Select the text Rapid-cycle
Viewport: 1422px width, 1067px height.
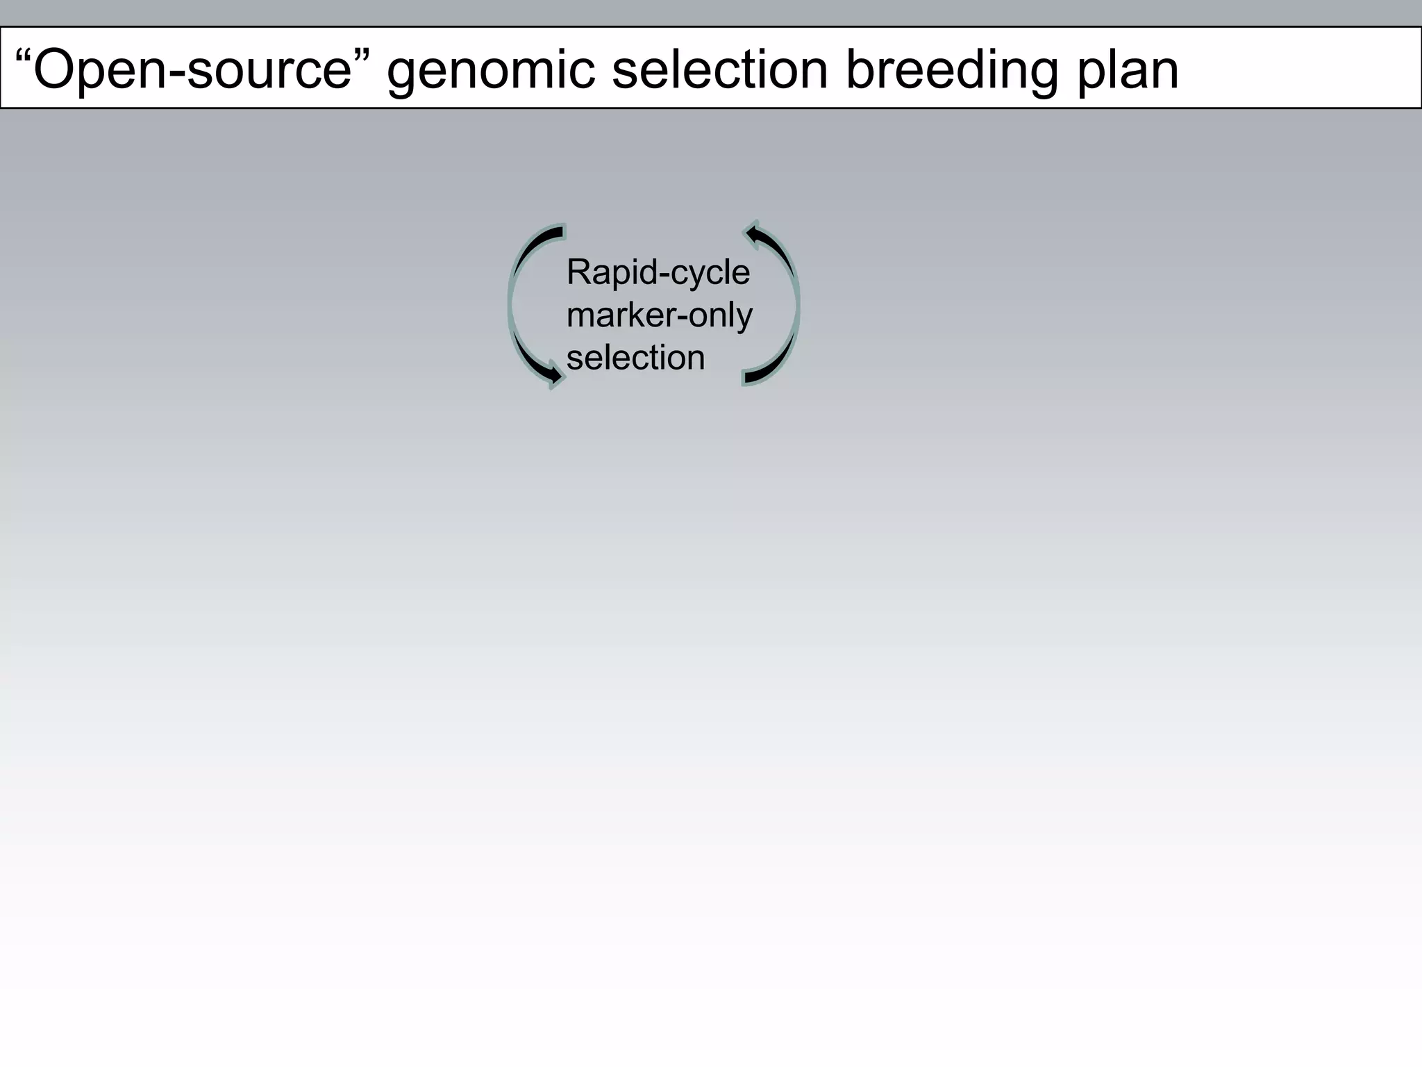tap(658, 272)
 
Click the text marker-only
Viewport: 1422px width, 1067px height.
tap(659, 315)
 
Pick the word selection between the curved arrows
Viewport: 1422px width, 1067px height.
tap(635, 358)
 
